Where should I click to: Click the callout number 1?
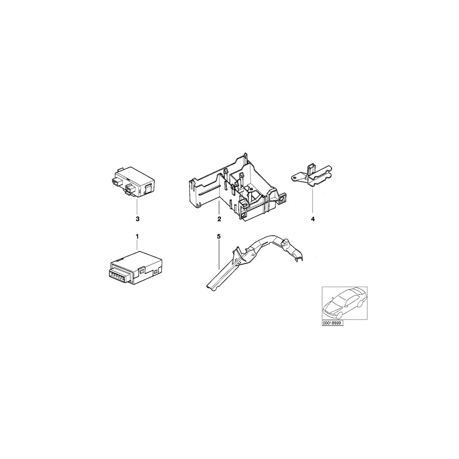pyautogui.click(x=137, y=236)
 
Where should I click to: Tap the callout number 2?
pyautogui.click(x=219, y=219)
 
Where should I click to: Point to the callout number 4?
pyautogui.click(x=313, y=219)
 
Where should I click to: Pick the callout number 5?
pyautogui.click(x=218, y=236)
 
